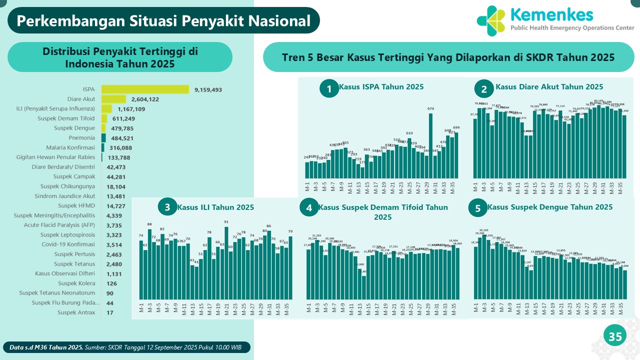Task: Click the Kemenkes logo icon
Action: pyautogui.click(x=491, y=21)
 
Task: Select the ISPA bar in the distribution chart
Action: pyautogui.click(x=145, y=89)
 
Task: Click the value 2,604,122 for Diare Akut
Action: pyautogui.click(x=142, y=99)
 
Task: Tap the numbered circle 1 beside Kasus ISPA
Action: pyautogui.click(x=329, y=89)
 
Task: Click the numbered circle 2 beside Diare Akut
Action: pyautogui.click(x=483, y=89)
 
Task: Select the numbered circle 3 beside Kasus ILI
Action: pyautogui.click(x=167, y=207)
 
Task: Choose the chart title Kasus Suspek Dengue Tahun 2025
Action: pyautogui.click(x=550, y=207)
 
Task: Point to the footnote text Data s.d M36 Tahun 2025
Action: pyautogui.click(x=46, y=347)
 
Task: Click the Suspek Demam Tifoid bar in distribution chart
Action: pyautogui.click(x=104, y=118)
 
